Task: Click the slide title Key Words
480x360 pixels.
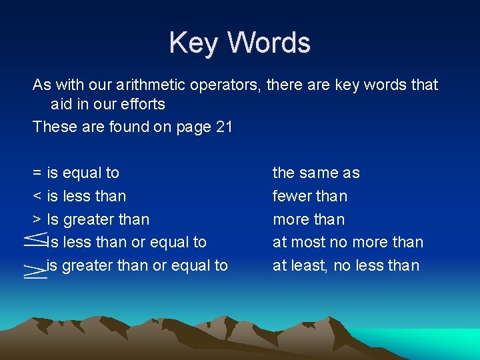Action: click(239, 43)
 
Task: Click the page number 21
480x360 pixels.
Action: click(224, 127)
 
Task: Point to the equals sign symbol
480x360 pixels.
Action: click(37, 173)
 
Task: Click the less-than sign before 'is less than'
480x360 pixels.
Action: click(37, 197)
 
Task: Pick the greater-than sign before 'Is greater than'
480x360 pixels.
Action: click(37, 219)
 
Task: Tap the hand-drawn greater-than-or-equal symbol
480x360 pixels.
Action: click(34, 270)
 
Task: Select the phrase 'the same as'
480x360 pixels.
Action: click(316, 173)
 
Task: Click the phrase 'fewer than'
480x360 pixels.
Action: click(310, 197)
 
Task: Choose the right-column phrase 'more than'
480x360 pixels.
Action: click(309, 219)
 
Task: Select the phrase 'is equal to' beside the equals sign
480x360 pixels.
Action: click(83, 173)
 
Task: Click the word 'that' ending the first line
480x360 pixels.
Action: click(425, 85)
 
